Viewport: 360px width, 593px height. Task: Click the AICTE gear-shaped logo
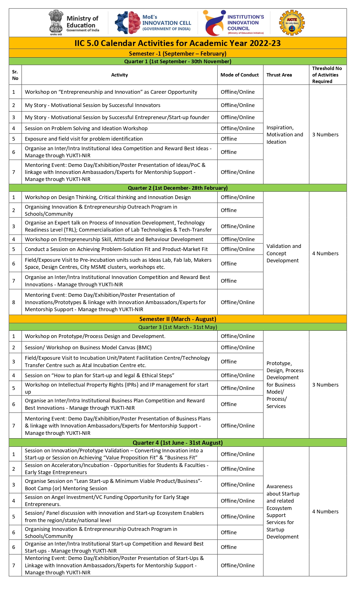coord(292,23)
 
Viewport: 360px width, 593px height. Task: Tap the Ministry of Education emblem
coord(56,23)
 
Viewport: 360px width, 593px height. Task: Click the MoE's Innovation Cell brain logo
coord(128,23)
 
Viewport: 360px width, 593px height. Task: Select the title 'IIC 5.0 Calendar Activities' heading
coord(178,43)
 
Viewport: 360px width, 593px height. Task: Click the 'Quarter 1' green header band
coord(178,62)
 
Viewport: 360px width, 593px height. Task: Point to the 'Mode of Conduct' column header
coord(239,75)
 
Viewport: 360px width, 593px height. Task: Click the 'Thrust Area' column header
coord(279,75)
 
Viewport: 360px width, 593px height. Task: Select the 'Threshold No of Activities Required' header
coord(327,75)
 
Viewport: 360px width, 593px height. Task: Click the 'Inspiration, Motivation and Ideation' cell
coord(285,135)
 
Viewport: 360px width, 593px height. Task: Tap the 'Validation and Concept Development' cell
coord(284,253)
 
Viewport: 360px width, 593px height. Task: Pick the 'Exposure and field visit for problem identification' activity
coord(84,139)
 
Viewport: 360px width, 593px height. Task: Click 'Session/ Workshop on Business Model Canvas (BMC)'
coord(88,348)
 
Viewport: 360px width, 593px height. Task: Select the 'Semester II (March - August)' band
coord(178,319)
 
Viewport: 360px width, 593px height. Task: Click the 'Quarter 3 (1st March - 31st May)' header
coord(178,327)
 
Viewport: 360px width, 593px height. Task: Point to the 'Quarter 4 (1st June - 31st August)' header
coord(178,443)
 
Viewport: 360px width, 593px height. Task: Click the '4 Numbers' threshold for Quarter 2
coord(325,254)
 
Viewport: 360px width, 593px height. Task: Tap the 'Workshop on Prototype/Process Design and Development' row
coord(95,336)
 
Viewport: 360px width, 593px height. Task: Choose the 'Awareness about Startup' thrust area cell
coord(283,511)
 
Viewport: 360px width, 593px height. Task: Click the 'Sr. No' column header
coord(15,75)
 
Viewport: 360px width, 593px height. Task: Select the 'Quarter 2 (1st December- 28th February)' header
coord(178,188)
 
